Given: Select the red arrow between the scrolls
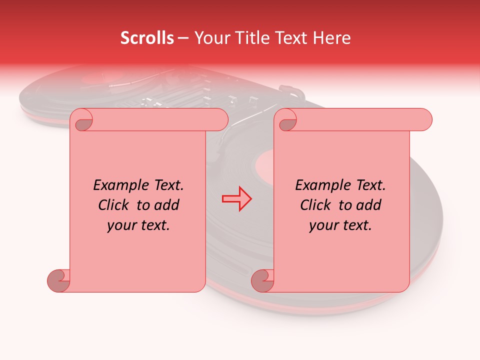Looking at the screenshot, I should (x=237, y=198).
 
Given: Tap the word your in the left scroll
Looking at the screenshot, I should (x=122, y=225).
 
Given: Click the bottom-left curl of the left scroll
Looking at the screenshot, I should (x=58, y=281).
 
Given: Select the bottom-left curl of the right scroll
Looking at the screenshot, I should (x=262, y=281).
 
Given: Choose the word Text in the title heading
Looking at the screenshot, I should (x=291, y=38).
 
